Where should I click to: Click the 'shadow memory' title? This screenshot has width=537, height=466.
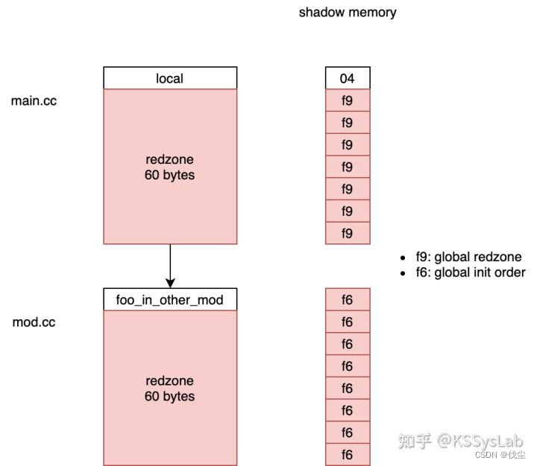coord(348,13)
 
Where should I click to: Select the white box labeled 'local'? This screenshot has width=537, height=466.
coord(170,78)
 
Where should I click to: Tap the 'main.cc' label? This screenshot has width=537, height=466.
coord(34,100)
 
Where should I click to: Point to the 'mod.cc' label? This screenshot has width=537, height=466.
coord(34,322)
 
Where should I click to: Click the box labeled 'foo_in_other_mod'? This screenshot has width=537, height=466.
coord(170,300)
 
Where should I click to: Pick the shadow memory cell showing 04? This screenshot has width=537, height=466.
coord(348,78)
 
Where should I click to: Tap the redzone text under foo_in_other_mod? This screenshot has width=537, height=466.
coord(170,389)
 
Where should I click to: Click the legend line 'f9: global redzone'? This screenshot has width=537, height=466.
coord(468,257)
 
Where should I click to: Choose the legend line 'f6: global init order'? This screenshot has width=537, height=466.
coord(471,272)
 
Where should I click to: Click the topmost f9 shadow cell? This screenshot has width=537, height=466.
coord(348,100)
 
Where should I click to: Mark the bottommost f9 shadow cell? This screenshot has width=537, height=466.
coord(348,233)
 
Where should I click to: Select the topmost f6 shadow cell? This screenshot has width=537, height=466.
coord(348,300)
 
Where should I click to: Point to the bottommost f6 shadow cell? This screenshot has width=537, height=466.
coord(348,455)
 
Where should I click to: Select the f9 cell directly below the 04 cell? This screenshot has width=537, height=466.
coord(348,100)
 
